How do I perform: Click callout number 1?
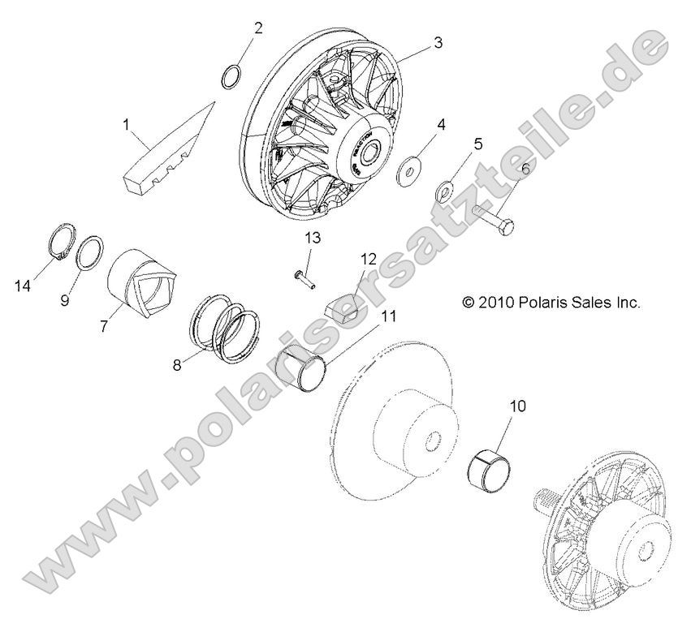point(127,124)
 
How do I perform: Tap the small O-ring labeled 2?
point(231,75)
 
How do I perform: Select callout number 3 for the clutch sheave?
point(438,43)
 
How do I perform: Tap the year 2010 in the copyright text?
point(498,303)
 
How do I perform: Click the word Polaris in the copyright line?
point(542,303)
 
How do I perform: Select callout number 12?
point(369,259)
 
